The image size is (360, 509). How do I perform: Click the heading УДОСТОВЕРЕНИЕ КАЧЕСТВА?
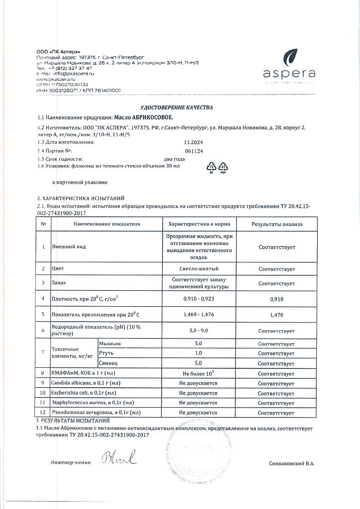pos(180,107)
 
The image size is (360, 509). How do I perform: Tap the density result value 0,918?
pos(276,299)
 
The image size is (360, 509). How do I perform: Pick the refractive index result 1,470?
pos(276,315)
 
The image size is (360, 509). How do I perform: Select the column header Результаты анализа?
pos(276,224)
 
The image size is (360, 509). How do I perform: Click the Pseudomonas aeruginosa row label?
pos(95,413)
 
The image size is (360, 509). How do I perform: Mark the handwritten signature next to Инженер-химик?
pos(119,457)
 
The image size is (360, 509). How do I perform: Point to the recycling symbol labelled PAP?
pos(222,168)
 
